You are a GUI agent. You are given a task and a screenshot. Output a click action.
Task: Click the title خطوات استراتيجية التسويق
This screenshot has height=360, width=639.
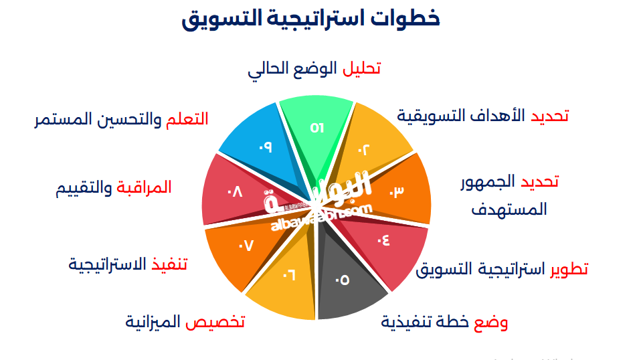pyautogui.click(x=311, y=19)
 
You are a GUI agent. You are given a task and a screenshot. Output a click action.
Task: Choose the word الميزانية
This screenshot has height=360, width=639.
pyautogui.click(x=153, y=323)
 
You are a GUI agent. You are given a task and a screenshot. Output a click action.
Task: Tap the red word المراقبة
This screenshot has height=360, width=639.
pyautogui.click(x=143, y=188)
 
